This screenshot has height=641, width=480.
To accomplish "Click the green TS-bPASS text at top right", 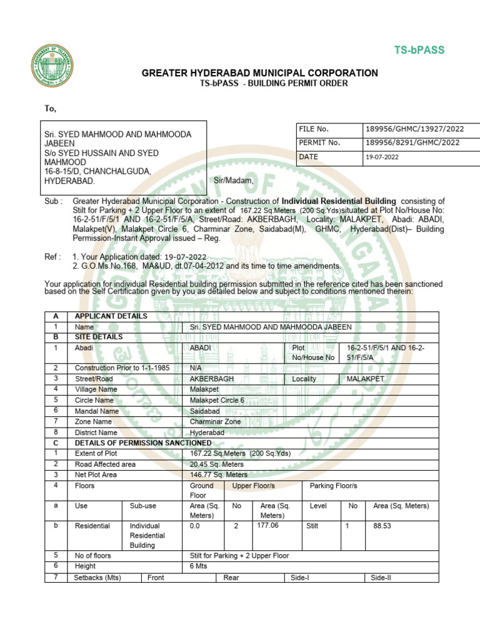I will (419, 50).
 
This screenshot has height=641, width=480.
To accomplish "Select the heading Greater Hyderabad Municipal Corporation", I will (259, 73).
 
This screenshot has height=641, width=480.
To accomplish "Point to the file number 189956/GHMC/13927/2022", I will (415, 129).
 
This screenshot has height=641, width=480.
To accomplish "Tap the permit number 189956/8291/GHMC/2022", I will (412, 143).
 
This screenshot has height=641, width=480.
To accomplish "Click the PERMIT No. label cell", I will (320, 143).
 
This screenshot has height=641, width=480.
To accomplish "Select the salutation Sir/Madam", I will (234, 181).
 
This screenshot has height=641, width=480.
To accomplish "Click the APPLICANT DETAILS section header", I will (111, 316).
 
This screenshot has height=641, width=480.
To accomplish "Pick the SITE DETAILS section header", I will (99, 337).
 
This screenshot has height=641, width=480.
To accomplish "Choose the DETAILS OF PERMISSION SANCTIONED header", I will (143, 443).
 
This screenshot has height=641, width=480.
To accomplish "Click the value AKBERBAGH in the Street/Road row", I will (212, 379).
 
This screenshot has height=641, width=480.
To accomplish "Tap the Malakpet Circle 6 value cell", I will (217, 401).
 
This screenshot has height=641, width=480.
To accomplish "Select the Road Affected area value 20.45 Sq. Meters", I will (217, 464).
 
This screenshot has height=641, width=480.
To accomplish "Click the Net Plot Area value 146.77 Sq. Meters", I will (219, 475).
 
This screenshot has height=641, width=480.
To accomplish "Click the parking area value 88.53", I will (382, 526).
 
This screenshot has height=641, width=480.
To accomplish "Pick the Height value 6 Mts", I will (198, 566).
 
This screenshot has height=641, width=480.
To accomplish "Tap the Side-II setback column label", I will (381, 578).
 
